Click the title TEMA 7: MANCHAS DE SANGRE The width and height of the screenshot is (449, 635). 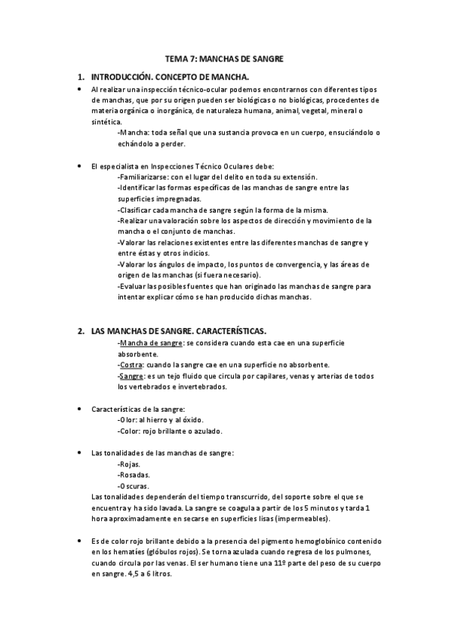(224, 59)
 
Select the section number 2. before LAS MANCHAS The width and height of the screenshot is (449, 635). (80, 330)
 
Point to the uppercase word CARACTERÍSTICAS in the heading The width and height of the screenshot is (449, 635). (224, 330)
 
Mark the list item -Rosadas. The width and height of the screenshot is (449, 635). (135, 475)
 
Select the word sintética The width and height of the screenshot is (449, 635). (105, 121)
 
